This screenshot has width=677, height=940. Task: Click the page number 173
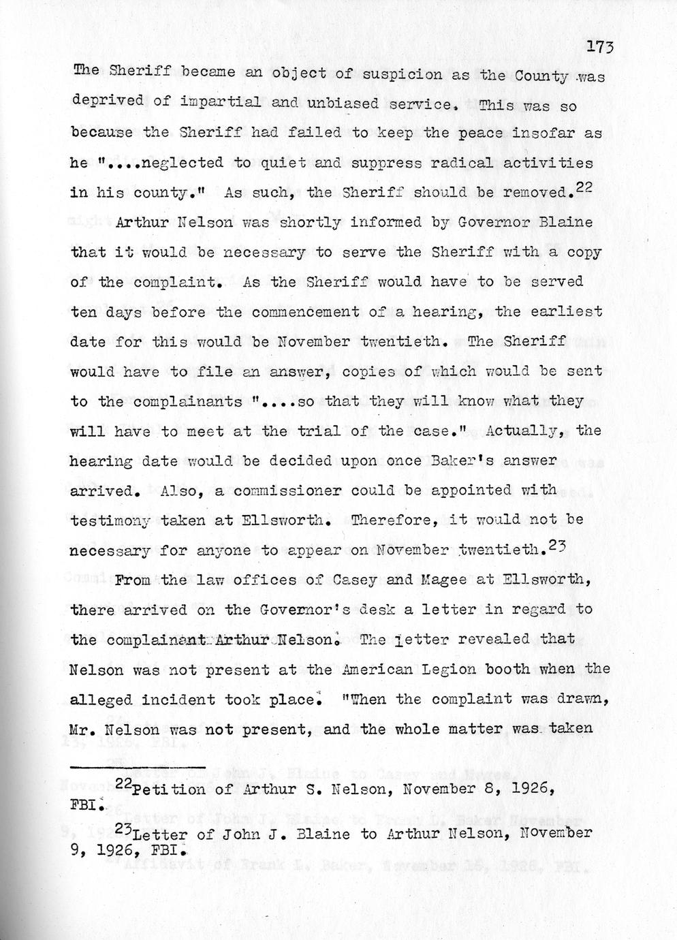(600, 47)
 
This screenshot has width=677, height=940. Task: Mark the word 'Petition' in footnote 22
(168, 790)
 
